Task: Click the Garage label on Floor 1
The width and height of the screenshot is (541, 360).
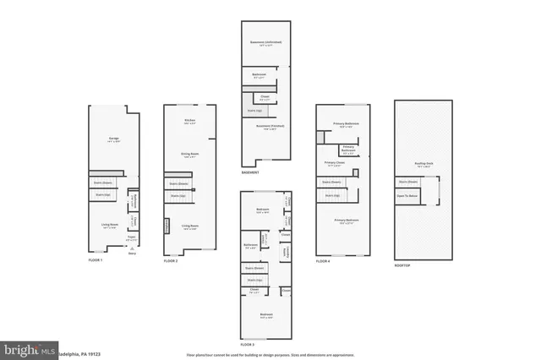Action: click(112, 139)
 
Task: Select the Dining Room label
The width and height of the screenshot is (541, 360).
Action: click(189, 155)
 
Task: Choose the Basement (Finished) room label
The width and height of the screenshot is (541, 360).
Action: click(265, 127)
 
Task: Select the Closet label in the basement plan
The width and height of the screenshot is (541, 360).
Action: click(265, 97)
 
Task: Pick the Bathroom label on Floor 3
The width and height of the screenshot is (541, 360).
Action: click(250, 246)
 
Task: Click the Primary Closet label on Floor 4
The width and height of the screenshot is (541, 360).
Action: click(334, 163)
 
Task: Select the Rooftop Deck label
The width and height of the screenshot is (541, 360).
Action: click(424, 164)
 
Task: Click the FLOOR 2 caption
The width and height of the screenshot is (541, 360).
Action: click(172, 261)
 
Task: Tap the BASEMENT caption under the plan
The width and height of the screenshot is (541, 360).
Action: click(250, 172)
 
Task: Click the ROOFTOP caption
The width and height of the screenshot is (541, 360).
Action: click(402, 265)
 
